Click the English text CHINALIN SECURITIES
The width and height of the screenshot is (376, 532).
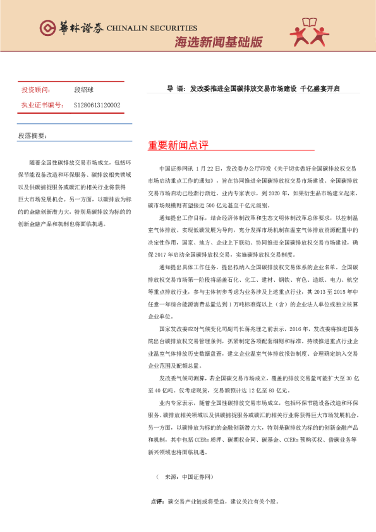click(153, 28)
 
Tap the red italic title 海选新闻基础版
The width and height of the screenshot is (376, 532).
click(218, 43)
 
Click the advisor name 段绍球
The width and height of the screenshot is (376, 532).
click(83, 90)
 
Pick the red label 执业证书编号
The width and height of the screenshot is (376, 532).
click(40, 105)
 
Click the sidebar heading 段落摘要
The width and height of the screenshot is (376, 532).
click(32, 136)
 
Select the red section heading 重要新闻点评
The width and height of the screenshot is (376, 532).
click(178, 145)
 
